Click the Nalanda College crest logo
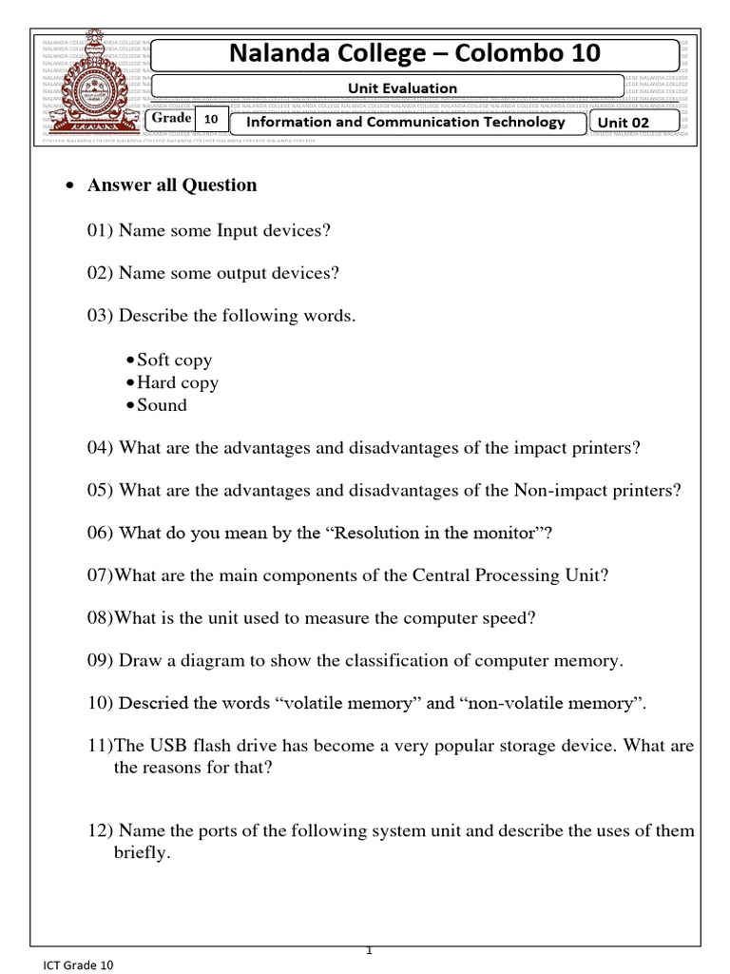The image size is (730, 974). [x=92, y=89]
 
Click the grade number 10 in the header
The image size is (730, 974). [x=211, y=120]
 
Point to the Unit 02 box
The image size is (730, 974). [x=634, y=122]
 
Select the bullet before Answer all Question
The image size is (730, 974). [x=69, y=186]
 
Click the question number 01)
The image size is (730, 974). [x=101, y=230]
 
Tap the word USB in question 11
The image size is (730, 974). [x=169, y=746]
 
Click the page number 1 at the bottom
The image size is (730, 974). [x=369, y=950]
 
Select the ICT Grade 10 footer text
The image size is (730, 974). [x=78, y=964]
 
